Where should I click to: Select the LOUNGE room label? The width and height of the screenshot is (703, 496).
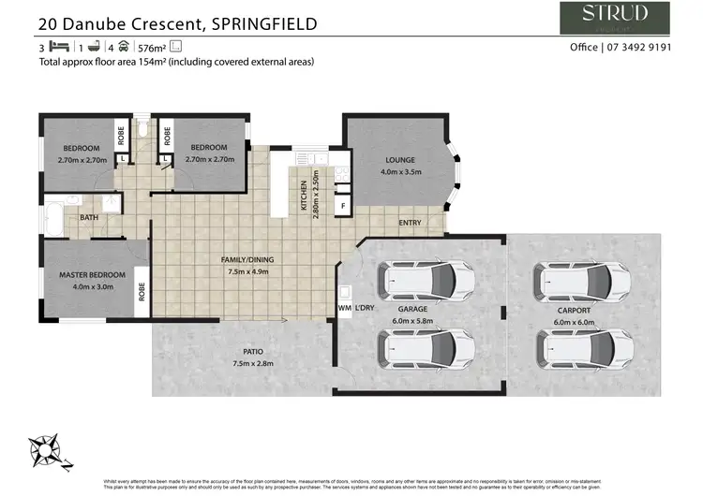[x=399, y=161]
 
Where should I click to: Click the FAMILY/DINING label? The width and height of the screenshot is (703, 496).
[x=247, y=258]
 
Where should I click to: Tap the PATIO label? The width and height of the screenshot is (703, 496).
[x=244, y=352]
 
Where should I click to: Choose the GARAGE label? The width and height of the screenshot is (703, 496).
[x=412, y=309]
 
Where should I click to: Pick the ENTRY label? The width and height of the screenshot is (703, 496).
[x=410, y=223]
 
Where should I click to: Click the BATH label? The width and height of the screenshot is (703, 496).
[x=89, y=217]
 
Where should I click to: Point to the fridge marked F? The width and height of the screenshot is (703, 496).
[x=343, y=204]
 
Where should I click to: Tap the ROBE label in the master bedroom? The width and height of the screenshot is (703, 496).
[x=142, y=291]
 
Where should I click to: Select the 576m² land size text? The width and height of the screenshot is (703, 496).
[x=151, y=47]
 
